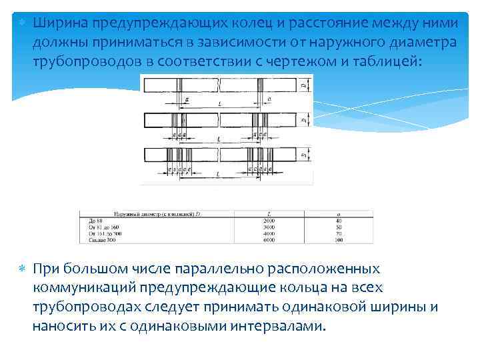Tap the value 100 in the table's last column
(x=338, y=238)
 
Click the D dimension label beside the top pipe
(x=303, y=85)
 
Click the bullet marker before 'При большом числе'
(x=21, y=269)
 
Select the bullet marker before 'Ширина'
(x=21, y=23)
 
